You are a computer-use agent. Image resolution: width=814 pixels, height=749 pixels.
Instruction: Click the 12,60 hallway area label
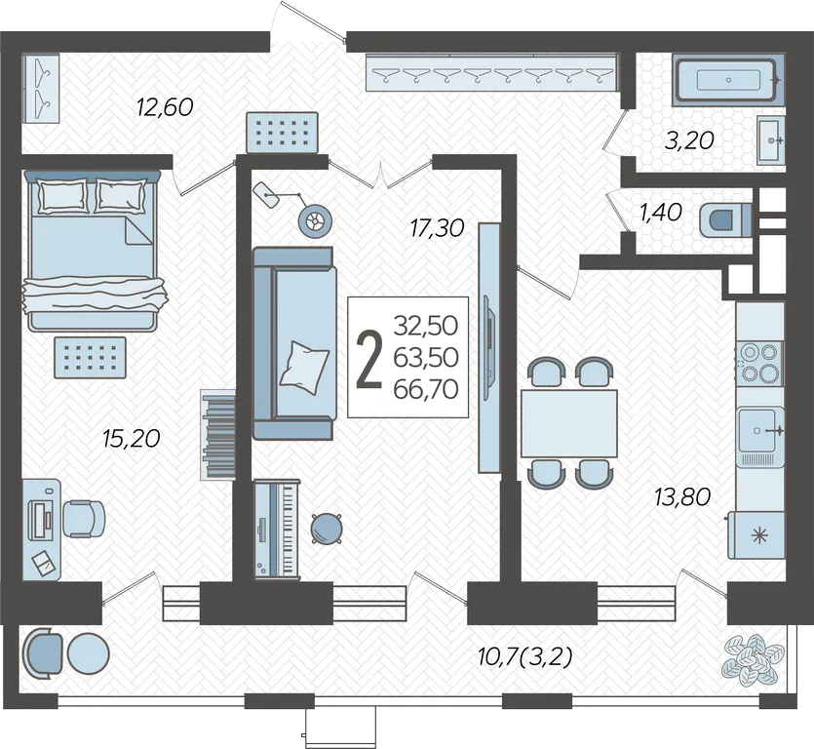point(165,107)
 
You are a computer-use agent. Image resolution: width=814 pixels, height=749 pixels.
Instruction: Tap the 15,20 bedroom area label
point(132,439)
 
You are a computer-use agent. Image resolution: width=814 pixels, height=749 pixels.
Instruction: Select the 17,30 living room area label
point(437,228)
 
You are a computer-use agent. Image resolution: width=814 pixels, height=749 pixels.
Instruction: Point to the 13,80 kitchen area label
point(682,497)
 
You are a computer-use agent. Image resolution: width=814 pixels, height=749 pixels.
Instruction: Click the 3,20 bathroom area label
point(689,140)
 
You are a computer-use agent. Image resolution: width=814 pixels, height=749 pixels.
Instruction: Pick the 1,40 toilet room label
point(660,212)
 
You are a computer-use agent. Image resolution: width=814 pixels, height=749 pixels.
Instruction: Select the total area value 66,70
point(426,389)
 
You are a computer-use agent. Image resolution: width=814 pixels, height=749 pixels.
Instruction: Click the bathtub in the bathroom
point(728,80)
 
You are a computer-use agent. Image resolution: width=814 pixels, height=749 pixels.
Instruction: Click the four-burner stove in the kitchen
point(759,363)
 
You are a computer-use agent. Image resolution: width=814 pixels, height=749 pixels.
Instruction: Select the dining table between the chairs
point(569,423)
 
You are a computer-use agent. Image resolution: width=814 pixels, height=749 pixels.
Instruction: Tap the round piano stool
point(327,528)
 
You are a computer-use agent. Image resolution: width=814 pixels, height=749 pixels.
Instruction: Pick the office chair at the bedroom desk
point(84,519)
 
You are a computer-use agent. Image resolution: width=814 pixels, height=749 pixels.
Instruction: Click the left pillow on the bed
point(62,196)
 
